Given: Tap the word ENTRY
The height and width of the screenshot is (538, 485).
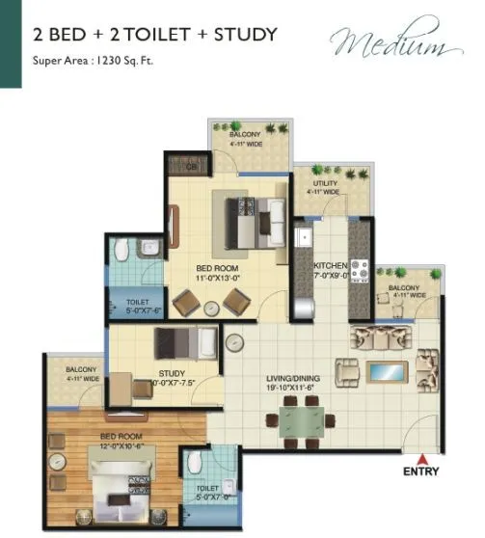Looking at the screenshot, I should click(420, 471).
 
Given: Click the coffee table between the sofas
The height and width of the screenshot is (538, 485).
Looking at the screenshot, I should click(387, 372).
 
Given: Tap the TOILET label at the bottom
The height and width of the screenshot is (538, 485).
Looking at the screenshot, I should click(207, 489).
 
